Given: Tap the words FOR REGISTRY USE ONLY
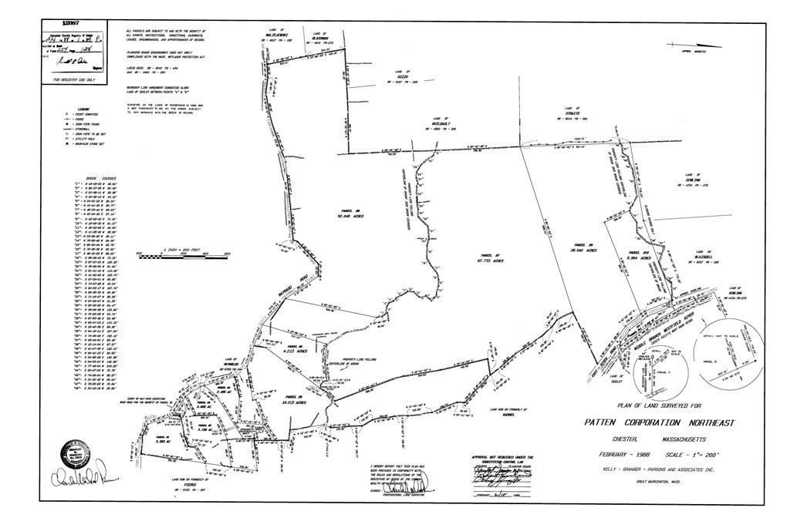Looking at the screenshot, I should [73, 79].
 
